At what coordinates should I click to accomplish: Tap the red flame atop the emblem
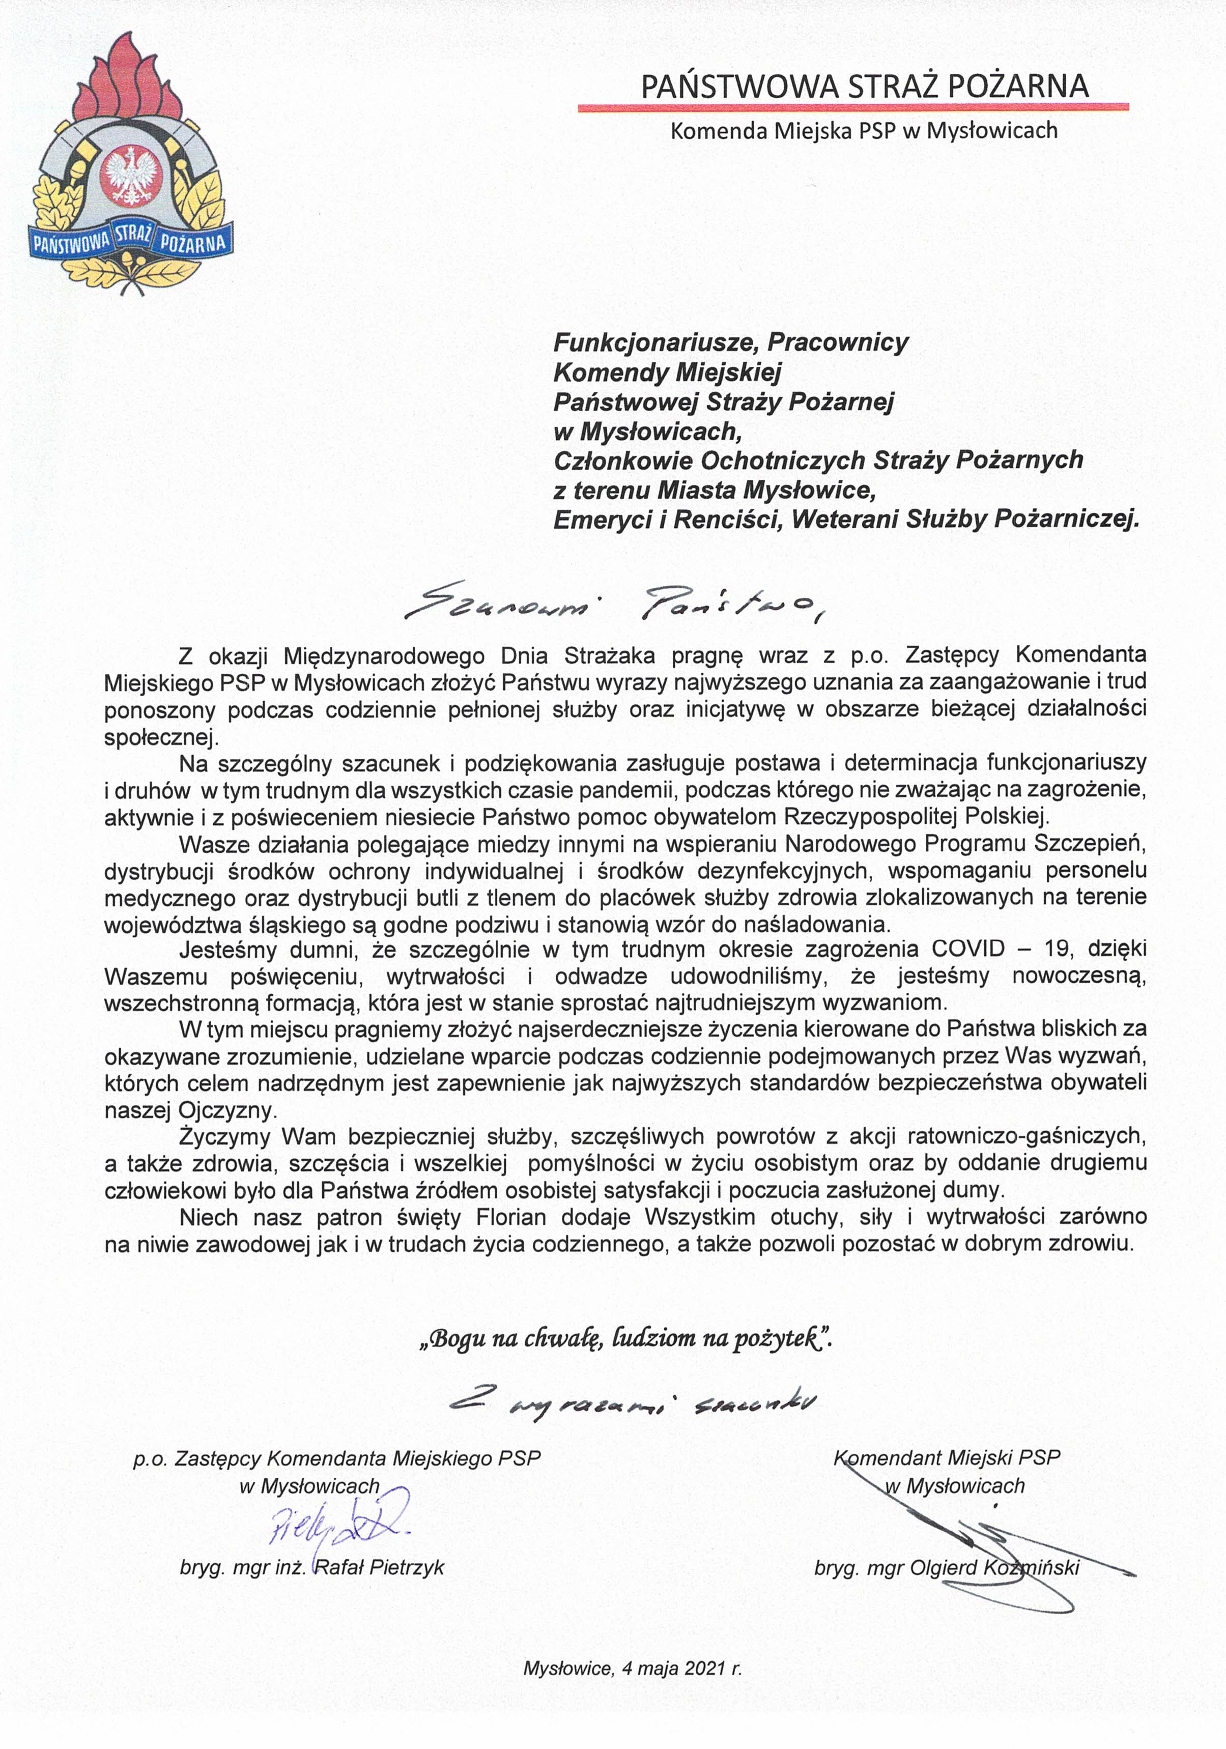[131, 76]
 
